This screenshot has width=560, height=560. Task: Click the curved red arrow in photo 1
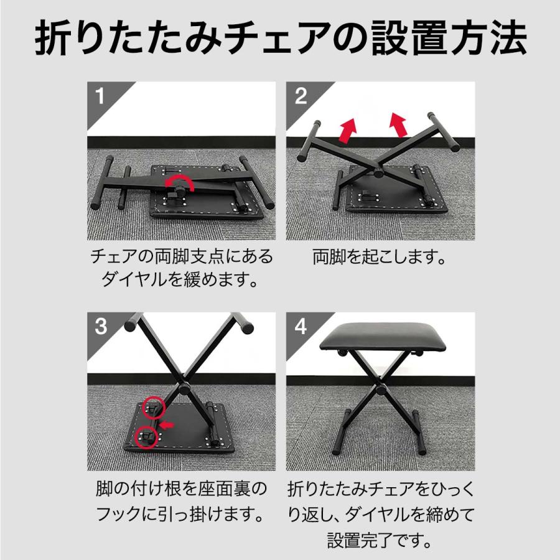click(180, 183)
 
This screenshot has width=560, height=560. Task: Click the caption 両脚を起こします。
click(380, 258)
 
